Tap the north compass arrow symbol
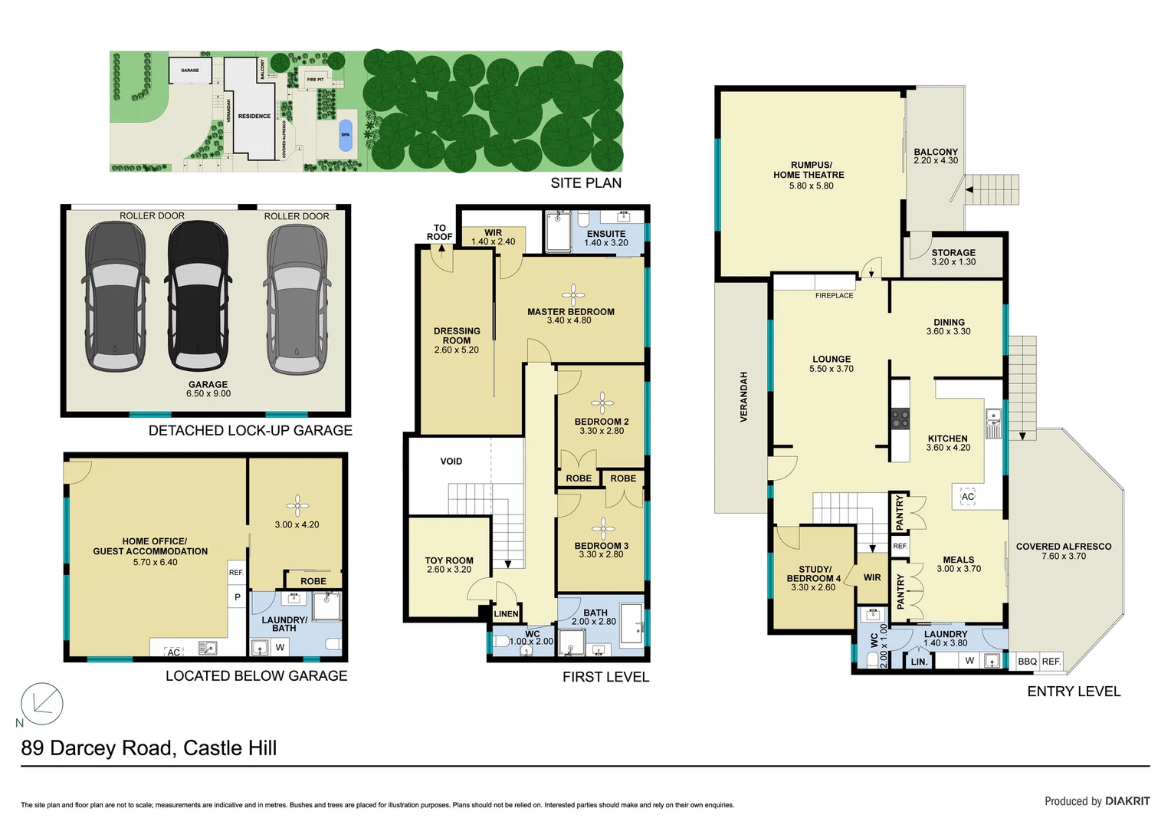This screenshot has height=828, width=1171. click(x=41, y=703)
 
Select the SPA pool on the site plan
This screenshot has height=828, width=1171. click(x=346, y=134)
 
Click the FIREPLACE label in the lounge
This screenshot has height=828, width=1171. click(x=834, y=295)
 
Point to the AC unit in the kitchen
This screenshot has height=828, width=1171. click(x=968, y=497)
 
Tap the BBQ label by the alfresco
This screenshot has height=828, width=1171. click(x=1027, y=661)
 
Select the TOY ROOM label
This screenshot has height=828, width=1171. click(x=449, y=560)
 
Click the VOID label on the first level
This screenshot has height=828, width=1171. click(x=451, y=462)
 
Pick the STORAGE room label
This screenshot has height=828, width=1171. click(x=953, y=252)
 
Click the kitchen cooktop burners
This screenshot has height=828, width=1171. click(x=900, y=419)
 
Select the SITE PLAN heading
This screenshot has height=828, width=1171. click(x=585, y=182)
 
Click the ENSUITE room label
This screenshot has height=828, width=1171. click(x=606, y=234)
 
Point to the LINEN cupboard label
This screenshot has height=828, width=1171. click(x=506, y=613)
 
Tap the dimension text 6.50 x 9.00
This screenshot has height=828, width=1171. click(x=208, y=394)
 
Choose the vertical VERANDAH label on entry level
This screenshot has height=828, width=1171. click(x=743, y=397)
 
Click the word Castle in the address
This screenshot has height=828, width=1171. click(x=215, y=748)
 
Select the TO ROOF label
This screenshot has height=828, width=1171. click(x=440, y=232)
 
